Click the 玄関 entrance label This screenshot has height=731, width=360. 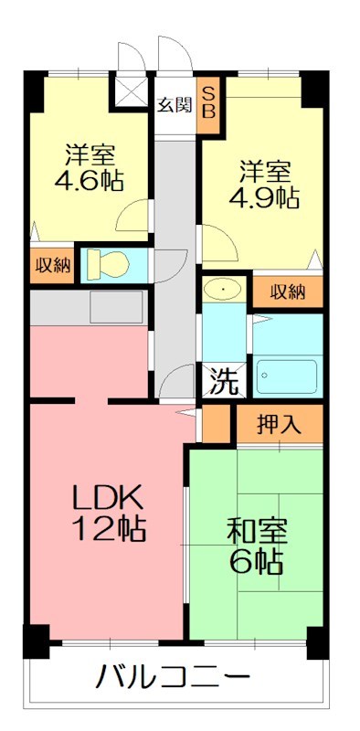point(174,103)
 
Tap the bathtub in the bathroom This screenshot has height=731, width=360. point(286,376)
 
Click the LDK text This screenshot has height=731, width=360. point(107,498)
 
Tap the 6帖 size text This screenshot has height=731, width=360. point(256,559)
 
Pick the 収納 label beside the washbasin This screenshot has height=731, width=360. point(287,291)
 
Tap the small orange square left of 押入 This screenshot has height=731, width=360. point(217,423)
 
